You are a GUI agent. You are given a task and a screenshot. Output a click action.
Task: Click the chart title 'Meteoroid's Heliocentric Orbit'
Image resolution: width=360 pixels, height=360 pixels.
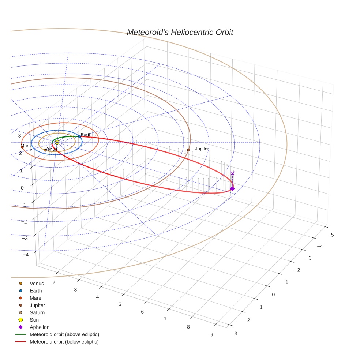coord(180,33)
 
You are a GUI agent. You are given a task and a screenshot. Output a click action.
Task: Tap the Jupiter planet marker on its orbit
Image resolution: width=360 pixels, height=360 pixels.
coord(188,150)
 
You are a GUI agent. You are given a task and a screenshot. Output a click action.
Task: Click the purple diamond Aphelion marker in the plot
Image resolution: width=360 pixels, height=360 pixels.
coord(232,188)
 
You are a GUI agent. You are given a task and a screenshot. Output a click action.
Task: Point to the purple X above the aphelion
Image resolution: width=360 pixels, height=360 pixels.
coord(232,173)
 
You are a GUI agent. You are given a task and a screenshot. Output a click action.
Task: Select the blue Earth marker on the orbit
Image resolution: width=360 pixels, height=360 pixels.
coord(79,136)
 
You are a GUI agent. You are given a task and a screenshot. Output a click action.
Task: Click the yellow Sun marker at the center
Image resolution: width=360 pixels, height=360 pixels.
coord(57,142)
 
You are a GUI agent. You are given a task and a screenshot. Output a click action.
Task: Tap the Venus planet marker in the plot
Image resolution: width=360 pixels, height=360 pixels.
coord(45,150)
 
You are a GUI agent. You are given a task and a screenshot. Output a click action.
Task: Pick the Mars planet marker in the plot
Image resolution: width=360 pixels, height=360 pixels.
coord(22,147)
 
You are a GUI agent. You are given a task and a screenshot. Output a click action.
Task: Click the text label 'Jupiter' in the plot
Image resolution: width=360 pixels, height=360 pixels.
coord(202,149)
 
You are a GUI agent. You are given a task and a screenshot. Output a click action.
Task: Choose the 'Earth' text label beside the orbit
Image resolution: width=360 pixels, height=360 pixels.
coord(86,135)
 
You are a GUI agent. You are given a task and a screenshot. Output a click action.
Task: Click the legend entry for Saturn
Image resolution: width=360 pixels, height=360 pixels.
coord(37,312)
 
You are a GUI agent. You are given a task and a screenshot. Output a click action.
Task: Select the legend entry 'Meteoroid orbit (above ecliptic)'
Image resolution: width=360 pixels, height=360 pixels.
coord(64,334)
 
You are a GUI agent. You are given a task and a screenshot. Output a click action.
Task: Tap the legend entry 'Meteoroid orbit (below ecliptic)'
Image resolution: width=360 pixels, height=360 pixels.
coord(64,342)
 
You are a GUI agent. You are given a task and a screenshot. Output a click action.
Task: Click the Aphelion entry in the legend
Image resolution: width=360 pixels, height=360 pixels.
coord(39,327)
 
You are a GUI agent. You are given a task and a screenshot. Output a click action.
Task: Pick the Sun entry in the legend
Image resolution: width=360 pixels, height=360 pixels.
coord(34,320)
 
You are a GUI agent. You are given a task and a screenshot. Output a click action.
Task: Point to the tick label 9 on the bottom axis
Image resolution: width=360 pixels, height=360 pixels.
coord(211,334)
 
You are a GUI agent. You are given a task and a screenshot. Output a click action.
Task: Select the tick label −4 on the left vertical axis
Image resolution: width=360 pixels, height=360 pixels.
coord(26,255)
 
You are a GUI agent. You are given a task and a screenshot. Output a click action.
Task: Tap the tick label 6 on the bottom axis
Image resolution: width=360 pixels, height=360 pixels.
coord(142,312)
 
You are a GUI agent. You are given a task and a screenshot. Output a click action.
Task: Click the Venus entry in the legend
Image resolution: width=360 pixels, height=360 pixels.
coord(37,284)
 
